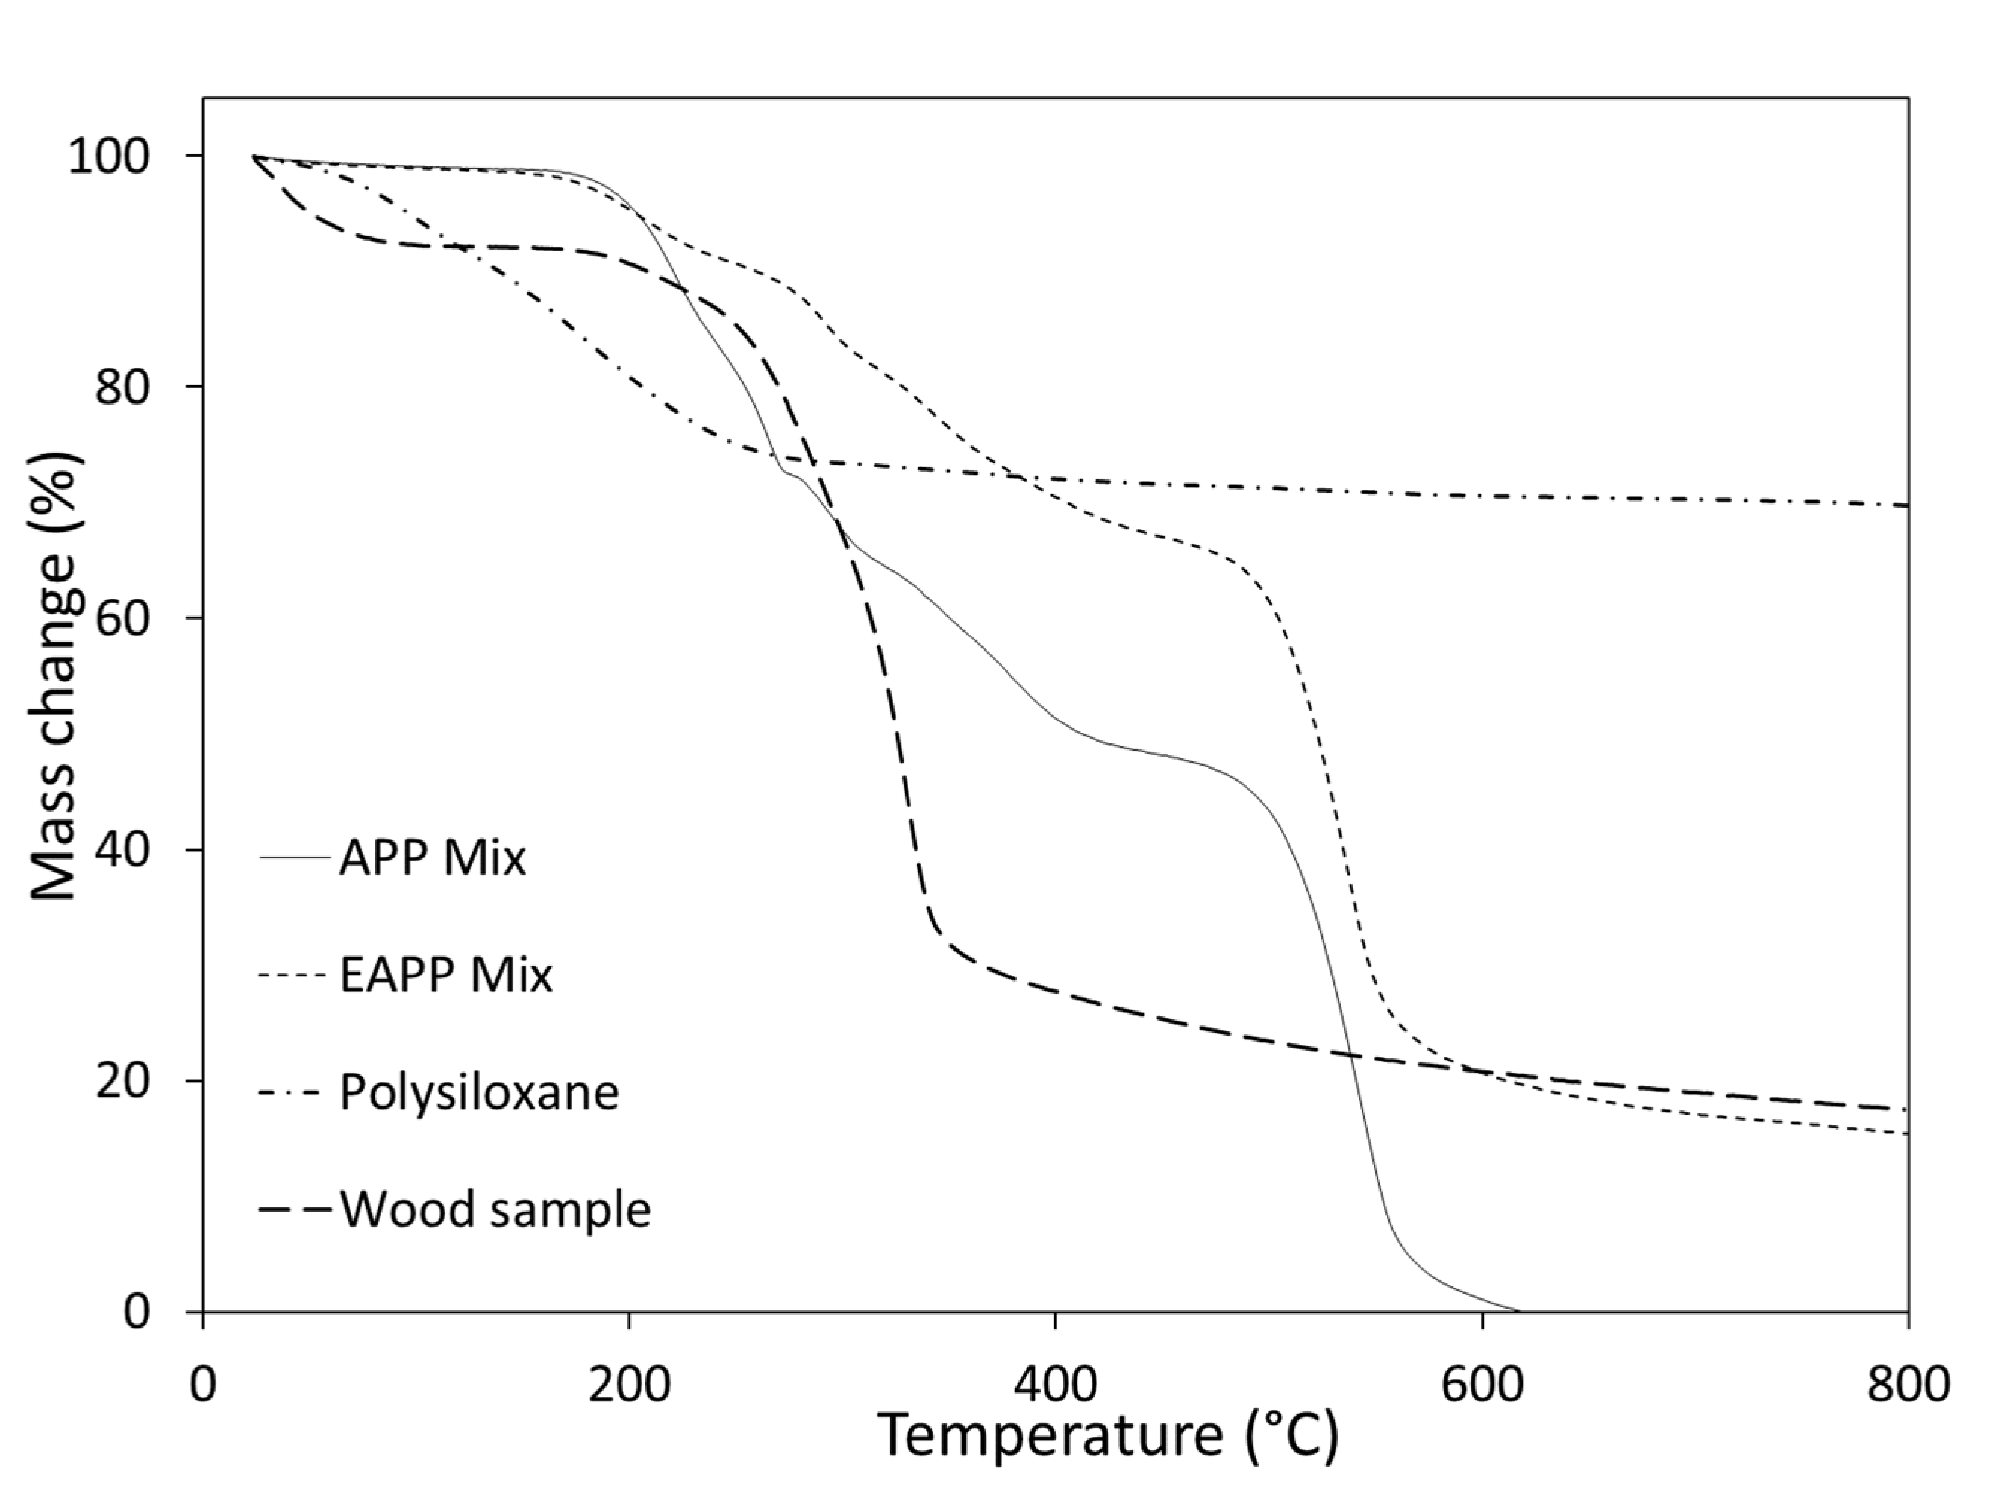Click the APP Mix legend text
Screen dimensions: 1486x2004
432,859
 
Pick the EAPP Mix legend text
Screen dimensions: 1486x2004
445,976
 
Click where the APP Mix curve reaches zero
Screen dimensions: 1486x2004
1519,1311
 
